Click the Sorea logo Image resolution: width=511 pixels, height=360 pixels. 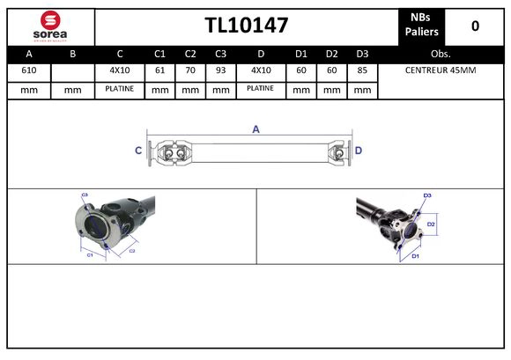click(50, 26)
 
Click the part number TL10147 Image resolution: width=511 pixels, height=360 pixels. click(246, 26)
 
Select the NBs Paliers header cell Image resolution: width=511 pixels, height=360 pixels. click(423, 26)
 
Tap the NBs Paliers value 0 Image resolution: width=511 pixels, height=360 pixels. click(475, 26)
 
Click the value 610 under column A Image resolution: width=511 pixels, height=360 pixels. click(29, 70)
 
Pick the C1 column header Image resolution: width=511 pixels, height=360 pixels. click(159, 53)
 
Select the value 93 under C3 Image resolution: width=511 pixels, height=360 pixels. click(220, 70)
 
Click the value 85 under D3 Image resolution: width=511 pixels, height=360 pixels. click(361, 70)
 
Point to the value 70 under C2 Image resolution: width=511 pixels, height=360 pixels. click(190, 70)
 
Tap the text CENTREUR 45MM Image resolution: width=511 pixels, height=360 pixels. click(440, 70)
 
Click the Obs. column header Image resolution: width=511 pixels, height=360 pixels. click(440, 53)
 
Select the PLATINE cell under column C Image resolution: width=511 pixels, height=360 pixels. click(119, 89)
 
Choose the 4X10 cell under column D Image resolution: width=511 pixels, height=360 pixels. click(260, 70)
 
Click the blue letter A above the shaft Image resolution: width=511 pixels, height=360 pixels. click(256, 129)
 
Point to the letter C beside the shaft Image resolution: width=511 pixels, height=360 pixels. click(138, 151)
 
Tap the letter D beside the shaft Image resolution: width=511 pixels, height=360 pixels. click(359, 151)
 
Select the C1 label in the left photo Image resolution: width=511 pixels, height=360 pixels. click(89, 255)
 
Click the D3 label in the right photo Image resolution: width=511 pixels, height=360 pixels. click(427, 195)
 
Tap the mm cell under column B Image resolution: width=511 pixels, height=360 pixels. click(73, 89)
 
